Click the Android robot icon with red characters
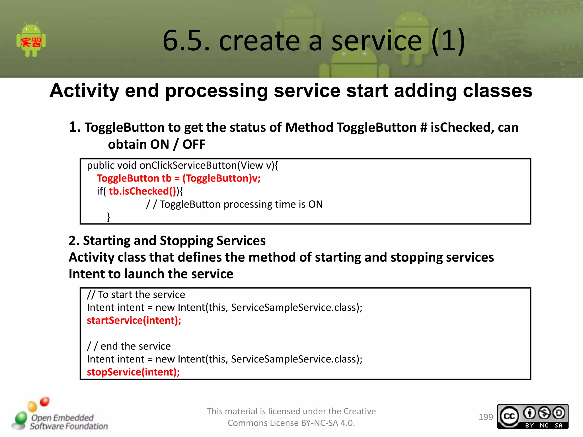point(31,41)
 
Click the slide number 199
point(485,417)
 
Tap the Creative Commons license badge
point(533,417)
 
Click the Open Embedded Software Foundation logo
point(60,415)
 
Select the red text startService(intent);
point(134,321)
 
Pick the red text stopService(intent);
point(133,372)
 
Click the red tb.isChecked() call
point(142,191)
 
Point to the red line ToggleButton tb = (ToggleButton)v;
point(178,178)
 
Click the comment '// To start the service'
point(136,294)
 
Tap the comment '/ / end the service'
point(129,346)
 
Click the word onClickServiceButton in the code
point(188,166)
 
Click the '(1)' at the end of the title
point(448,41)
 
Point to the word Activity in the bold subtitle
point(84,91)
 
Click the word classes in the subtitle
point(497,91)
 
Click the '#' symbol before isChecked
point(424,127)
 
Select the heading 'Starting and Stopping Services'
point(174,241)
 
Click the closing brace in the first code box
point(108,217)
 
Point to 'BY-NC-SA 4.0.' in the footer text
point(328,423)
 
